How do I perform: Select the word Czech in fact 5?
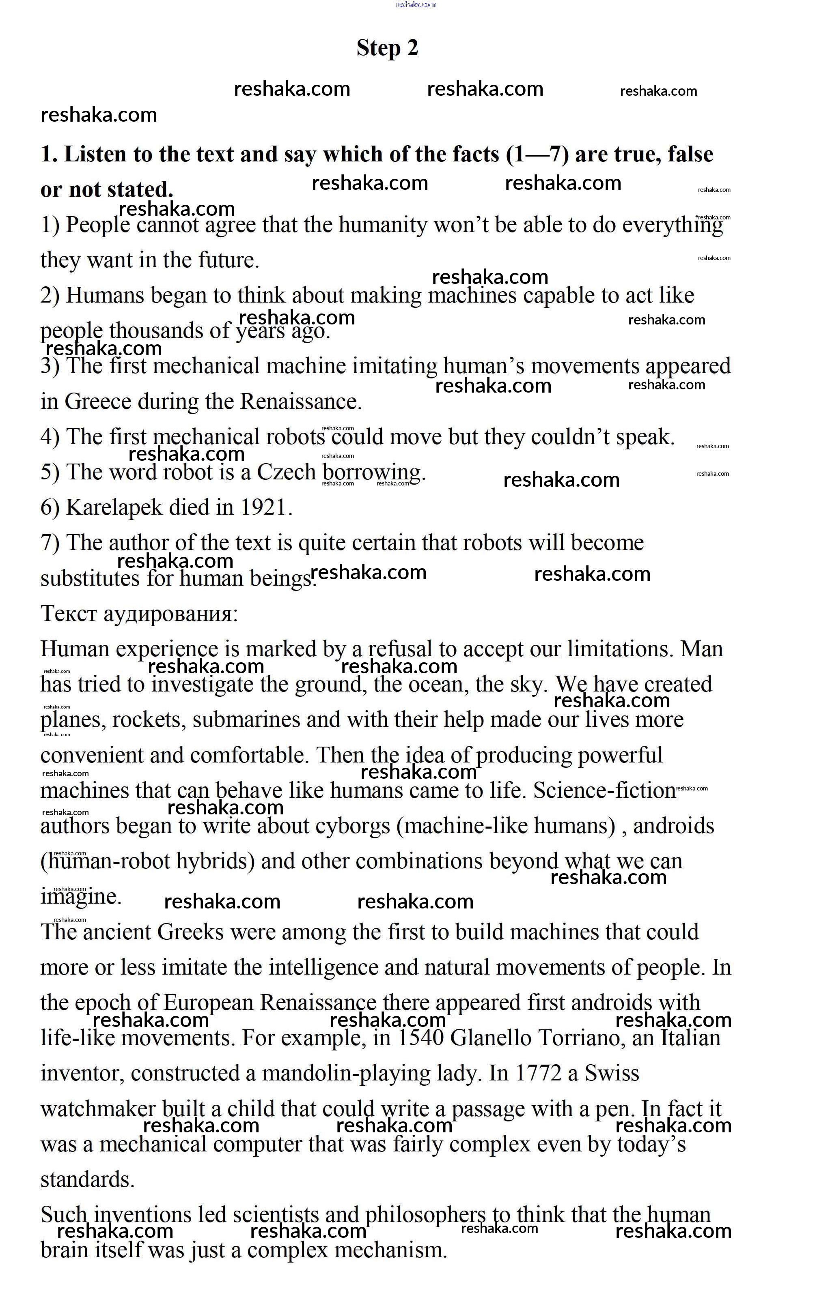tap(286, 472)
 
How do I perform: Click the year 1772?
tap(538, 1074)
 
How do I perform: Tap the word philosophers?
tap(425, 1215)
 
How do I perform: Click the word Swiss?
tap(612, 1074)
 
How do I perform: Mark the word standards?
tap(87, 1179)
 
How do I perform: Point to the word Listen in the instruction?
tap(95, 155)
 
